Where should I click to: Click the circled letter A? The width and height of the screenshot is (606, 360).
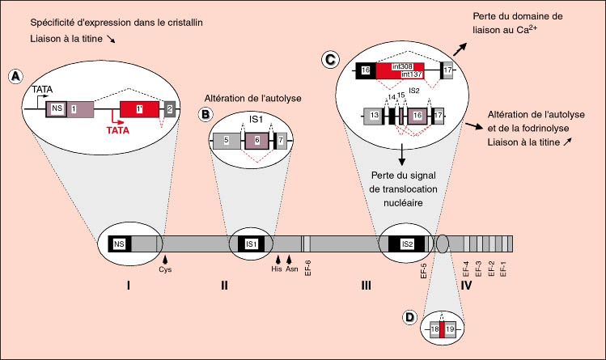15,76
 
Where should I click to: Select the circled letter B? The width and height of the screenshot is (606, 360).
206,114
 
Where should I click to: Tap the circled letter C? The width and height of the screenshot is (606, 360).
330,60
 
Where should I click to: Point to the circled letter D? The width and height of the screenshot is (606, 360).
409,317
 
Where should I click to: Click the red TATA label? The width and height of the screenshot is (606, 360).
118,130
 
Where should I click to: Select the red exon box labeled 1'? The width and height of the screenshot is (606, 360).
139,109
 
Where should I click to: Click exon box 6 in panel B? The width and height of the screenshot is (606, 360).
256,141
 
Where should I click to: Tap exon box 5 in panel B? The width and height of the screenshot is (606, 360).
227,141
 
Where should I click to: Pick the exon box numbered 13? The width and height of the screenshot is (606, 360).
373,116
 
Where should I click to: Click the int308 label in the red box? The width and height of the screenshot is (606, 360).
402,66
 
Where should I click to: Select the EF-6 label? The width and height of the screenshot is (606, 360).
308,268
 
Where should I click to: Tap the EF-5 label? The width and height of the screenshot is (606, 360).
424,271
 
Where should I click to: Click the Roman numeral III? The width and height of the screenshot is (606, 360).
366,286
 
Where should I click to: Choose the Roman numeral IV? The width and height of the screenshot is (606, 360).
466,286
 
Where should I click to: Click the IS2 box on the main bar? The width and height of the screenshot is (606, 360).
407,244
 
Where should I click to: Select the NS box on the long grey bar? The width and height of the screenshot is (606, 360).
119,244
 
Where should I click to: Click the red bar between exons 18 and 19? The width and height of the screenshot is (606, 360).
443,329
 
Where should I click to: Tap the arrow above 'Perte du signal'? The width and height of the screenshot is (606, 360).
402,155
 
